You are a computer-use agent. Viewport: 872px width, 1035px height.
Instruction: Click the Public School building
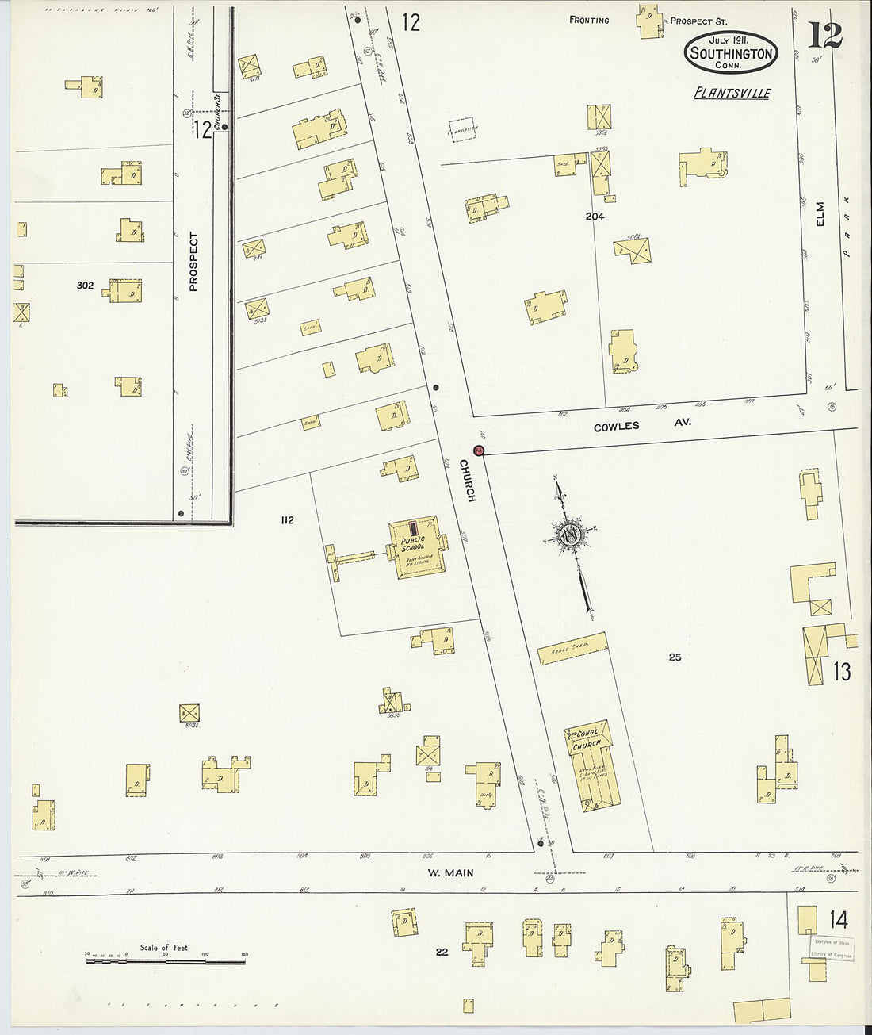416,547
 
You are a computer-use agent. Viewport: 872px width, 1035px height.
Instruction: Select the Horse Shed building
572,648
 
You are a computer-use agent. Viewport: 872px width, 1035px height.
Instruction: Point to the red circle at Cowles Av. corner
479,450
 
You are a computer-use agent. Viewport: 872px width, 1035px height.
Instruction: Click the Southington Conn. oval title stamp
730,52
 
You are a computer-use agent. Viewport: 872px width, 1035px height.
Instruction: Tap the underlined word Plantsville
732,93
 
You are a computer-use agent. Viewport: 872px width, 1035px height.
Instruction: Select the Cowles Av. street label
642,425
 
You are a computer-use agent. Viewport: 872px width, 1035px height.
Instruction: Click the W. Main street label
450,873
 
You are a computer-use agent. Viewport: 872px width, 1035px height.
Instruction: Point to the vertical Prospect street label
193,261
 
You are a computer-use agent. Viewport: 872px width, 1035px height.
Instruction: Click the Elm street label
820,213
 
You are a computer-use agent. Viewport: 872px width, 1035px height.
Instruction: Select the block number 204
595,216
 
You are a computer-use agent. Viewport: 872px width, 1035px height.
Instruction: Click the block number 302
85,286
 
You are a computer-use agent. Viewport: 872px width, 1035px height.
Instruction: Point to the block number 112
287,520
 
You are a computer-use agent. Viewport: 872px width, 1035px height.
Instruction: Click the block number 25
675,657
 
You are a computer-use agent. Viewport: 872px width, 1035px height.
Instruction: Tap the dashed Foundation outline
463,128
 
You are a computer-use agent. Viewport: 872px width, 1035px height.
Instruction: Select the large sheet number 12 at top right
824,36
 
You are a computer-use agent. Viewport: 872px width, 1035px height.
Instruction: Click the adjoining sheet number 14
839,920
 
